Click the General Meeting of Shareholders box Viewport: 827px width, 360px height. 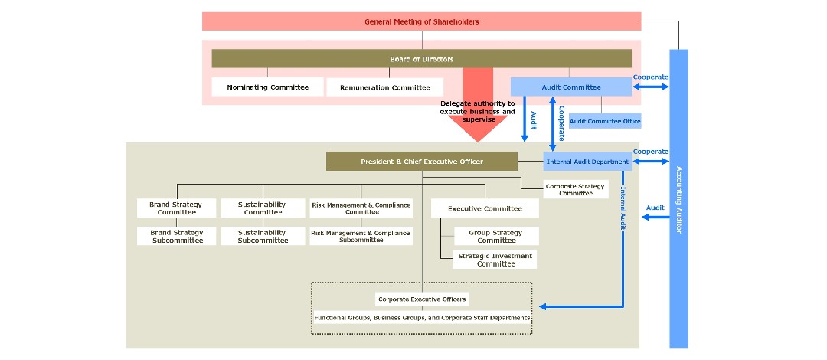(x=421, y=21)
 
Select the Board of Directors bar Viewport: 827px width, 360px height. (x=421, y=59)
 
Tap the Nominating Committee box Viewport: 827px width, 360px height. (x=267, y=87)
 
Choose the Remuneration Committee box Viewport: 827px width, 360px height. (x=384, y=87)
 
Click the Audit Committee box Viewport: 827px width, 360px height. (x=571, y=87)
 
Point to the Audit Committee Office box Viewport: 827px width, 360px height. (x=604, y=121)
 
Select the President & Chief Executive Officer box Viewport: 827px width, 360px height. (x=421, y=162)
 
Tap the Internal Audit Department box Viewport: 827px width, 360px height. (x=587, y=162)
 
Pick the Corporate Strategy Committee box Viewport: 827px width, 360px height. (x=575, y=189)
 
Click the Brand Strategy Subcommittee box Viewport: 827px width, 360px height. (x=177, y=236)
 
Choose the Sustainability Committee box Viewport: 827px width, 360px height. (x=263, y=208)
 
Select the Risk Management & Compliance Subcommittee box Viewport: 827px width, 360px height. (x=361, y=236)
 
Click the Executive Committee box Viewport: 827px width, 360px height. (x=485, y=208)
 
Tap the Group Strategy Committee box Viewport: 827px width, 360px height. (x=496, y=236)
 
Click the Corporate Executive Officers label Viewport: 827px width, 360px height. (x=421, y=299)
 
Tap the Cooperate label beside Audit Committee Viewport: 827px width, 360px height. (x=651, y=77)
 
